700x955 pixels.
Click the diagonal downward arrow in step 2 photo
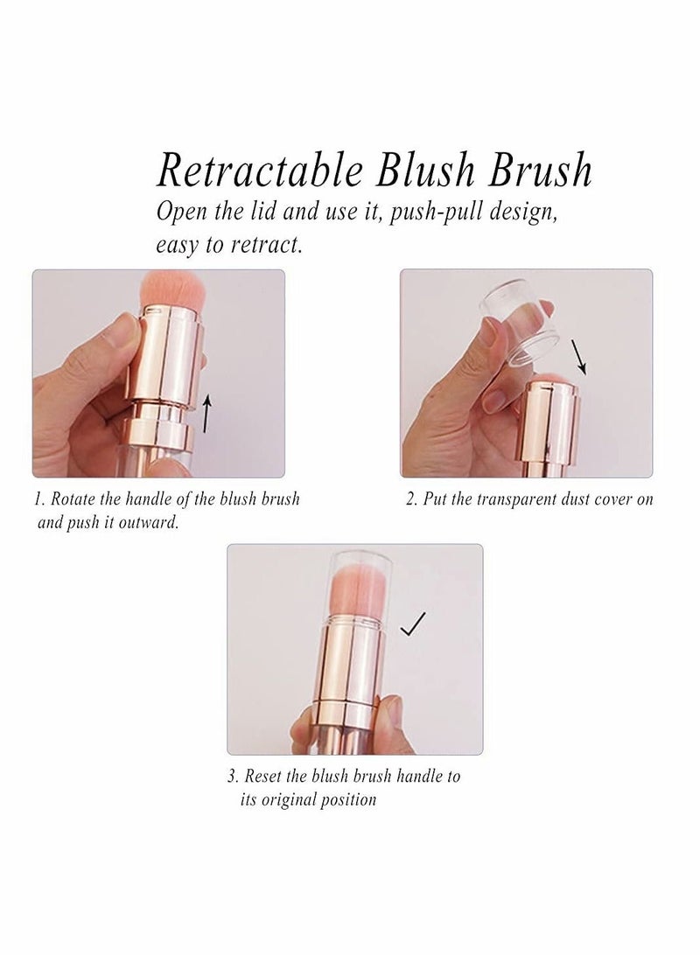[x=577, y=358]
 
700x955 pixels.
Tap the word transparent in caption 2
[x=497, y=499]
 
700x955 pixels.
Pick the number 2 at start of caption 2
[x=410, y=499]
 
